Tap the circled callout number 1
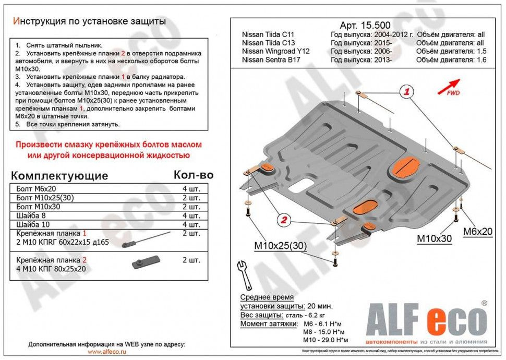(406, 92)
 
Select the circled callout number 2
(283, 220)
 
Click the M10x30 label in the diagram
(434, 239)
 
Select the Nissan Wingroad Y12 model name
(275, 51)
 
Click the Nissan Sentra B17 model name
(271, 59)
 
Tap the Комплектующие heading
(60, 175)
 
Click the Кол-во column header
(192, 175)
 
